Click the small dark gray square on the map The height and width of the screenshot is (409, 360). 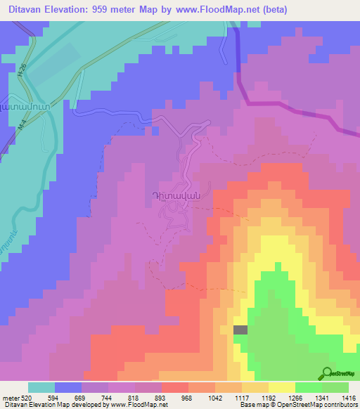pos(240,330)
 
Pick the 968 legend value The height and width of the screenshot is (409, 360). pos(186,398)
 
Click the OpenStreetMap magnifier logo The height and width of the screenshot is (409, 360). pos(327,374)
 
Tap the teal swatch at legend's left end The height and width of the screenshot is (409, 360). pos(41,387)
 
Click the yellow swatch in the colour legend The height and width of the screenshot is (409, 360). pos(281,387)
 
